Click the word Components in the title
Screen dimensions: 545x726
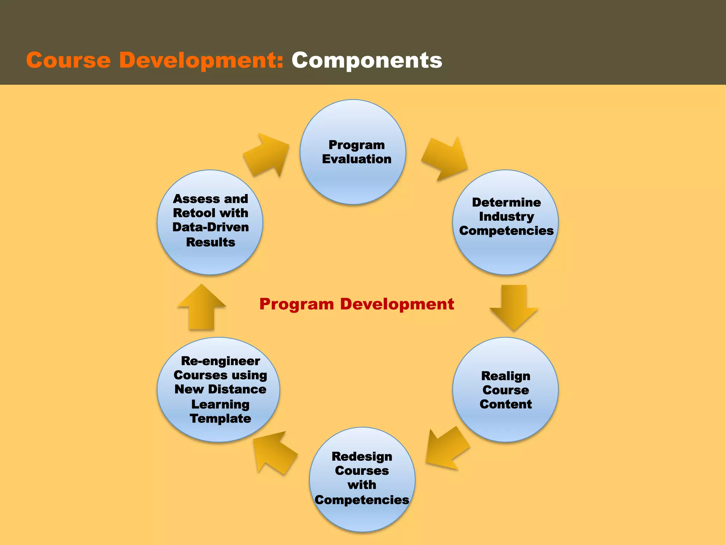click(x=367, y=60)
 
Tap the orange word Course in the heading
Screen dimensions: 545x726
click(x=68, y=60)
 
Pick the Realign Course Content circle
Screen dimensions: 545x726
click(x=506, y=422)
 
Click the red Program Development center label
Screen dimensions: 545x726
click(x=356, y=304)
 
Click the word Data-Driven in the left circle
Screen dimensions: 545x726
click(x=211, y=227)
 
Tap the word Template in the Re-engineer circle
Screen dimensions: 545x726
click(x=220, y=419)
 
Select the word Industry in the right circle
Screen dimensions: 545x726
click(x=506, y=216)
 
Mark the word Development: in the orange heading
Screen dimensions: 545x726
click(x=201, y=60)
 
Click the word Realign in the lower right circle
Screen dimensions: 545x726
click(x=506, y=376)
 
